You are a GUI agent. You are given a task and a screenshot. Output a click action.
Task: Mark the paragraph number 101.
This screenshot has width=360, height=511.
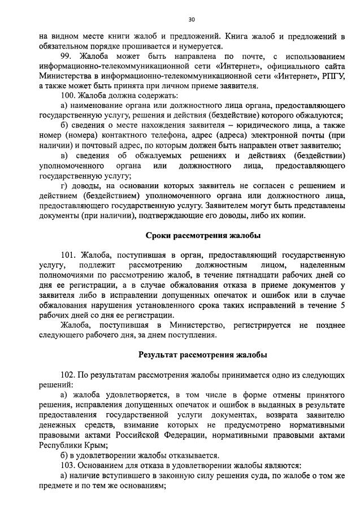click(69, 255)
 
